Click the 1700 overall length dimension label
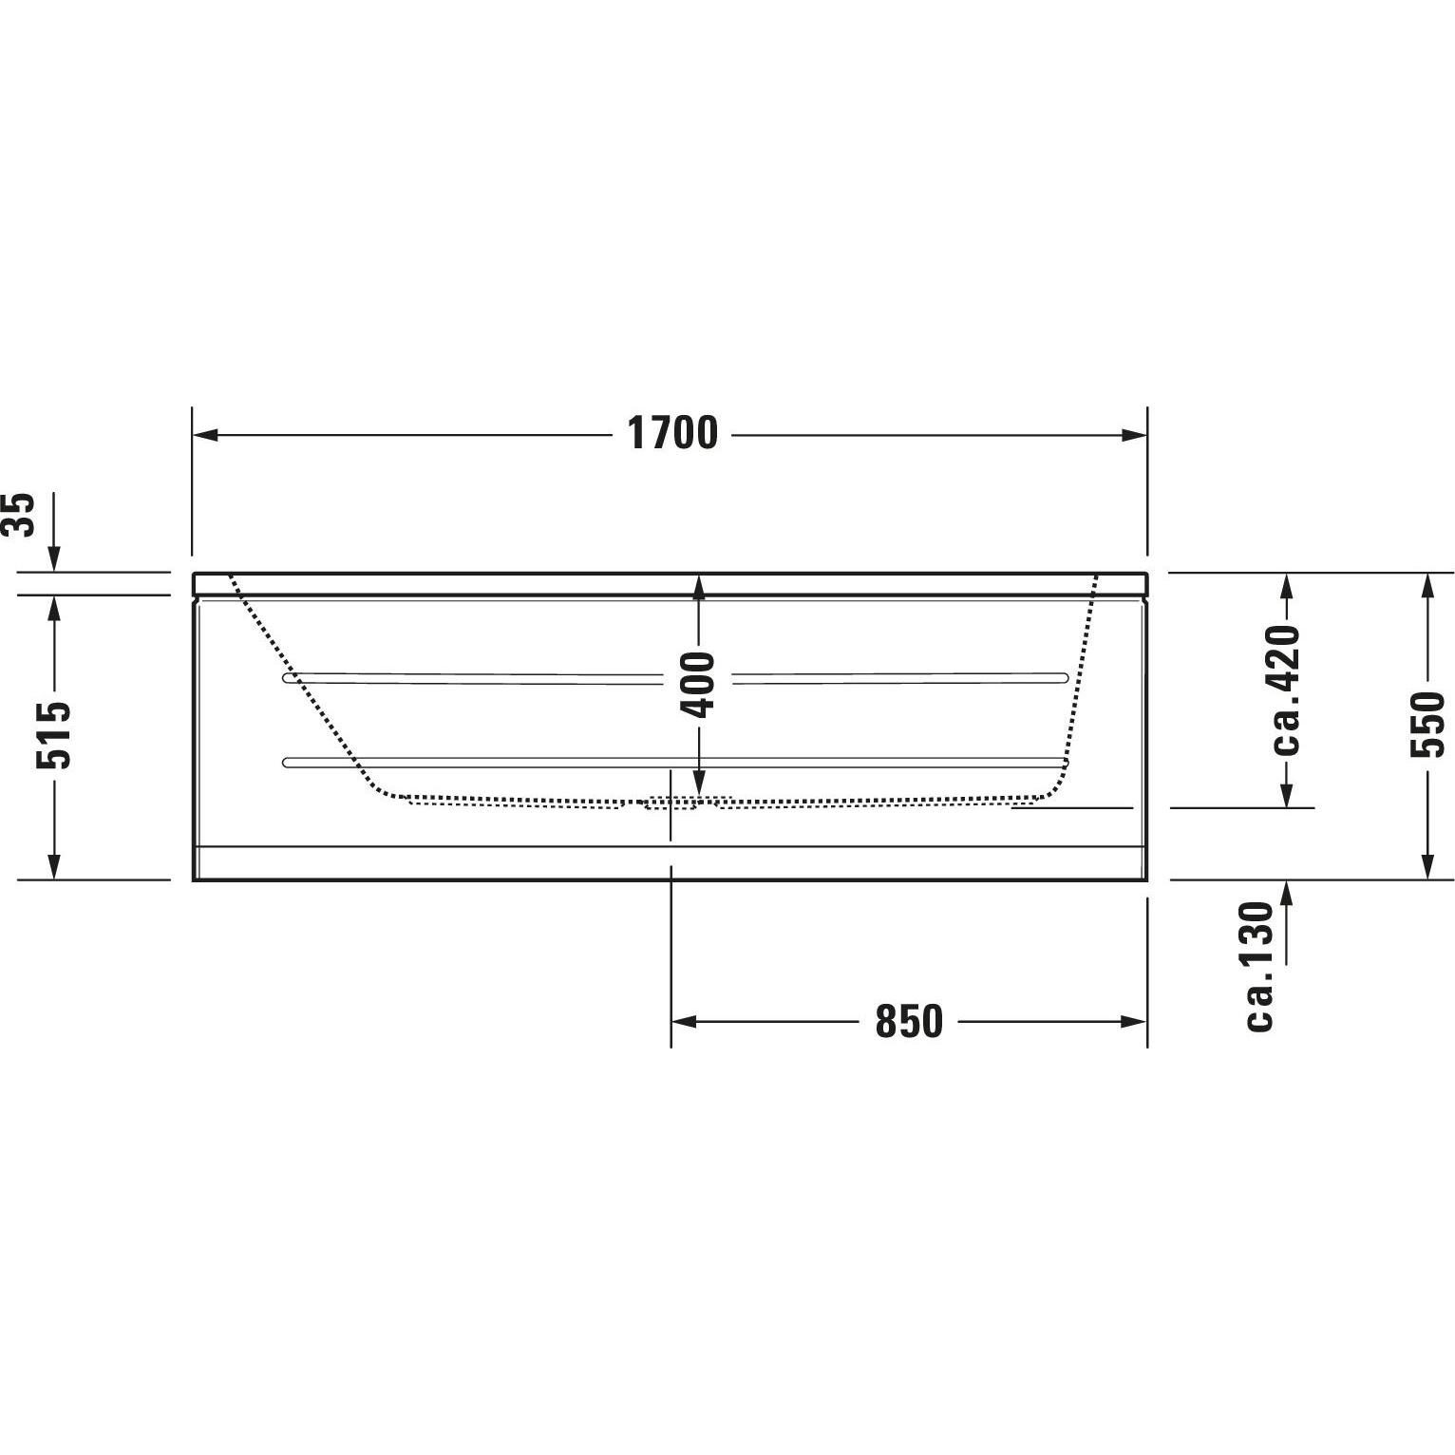(672, 434)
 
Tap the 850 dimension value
(908, 1022)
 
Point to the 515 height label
(53, 734)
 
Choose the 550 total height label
(1427, 725)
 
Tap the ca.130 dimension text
(1259, 966)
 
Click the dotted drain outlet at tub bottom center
(671, 803)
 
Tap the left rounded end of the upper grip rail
(288, 679)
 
